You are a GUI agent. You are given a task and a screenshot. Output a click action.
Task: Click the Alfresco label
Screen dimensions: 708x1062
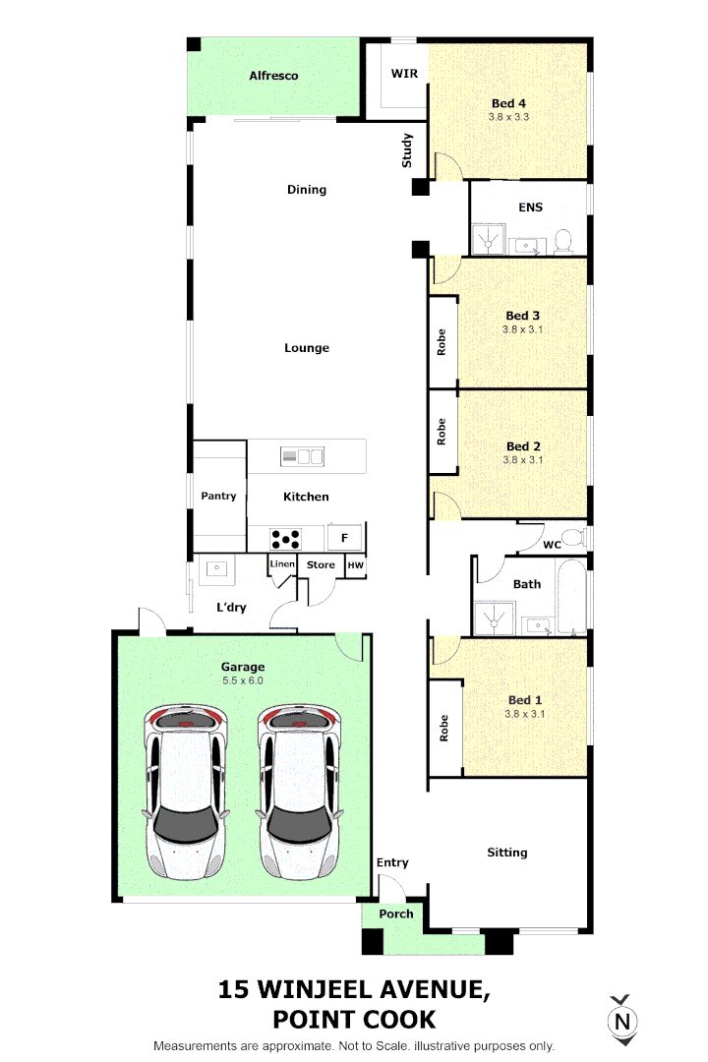click(273, 76)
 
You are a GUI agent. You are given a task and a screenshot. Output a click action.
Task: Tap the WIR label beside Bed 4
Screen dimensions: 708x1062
click(404, 73)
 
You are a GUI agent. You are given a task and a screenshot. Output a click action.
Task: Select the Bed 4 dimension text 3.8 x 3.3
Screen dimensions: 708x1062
click(508, 116)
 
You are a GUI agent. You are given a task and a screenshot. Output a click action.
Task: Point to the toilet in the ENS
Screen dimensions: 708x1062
click(563, 241)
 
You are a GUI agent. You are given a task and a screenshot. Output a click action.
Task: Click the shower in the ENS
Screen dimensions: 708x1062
click(489, 239)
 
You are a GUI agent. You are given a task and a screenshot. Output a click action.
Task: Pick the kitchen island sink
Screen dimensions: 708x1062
click(302, 456)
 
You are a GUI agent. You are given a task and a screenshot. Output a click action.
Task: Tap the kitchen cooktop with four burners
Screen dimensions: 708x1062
click(285, 539)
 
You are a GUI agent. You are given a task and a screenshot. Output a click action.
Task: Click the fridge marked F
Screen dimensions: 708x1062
click(344, 538)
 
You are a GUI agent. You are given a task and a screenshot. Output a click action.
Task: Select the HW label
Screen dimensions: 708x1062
click(356, 564)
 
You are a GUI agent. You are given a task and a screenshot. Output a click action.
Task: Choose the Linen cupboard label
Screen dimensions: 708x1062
click(282, 563)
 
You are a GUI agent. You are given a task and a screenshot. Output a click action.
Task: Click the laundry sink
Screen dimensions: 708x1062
click(216, 569)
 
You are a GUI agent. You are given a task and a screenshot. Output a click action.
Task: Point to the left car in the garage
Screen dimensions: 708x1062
click(186, 792)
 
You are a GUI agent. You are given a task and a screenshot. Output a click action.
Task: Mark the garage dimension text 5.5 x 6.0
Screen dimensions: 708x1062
click(243, 680)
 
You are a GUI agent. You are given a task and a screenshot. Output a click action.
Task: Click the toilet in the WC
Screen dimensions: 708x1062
click(575, 538)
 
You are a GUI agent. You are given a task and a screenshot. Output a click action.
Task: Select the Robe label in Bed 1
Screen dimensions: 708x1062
click(443, 728)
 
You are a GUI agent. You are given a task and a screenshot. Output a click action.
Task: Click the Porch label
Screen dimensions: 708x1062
click(396, 914)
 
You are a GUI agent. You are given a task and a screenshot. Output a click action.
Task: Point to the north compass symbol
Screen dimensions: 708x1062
click(622, 1020)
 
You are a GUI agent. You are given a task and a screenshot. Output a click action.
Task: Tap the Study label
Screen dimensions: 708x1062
click(406, 150)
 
